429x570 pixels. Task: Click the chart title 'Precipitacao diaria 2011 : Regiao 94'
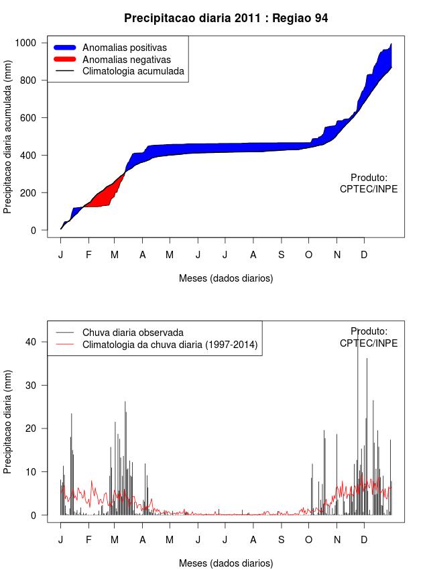[226, 18]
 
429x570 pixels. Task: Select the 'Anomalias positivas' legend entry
[124, 48]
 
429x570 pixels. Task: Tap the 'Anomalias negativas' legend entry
[126, 60]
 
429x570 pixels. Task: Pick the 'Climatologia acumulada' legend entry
[133, 71]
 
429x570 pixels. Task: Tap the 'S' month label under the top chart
[281, 255]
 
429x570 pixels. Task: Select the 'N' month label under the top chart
[337, 255]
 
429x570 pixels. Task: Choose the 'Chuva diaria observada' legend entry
[133, 333]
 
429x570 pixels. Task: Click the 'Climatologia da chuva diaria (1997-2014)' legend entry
[170, 345]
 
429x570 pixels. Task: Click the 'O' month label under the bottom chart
[308, 540]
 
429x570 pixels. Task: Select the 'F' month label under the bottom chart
[88, 540]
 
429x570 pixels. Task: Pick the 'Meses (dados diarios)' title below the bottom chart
[226, 563]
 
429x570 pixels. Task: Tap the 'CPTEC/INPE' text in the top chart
[369, 189]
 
